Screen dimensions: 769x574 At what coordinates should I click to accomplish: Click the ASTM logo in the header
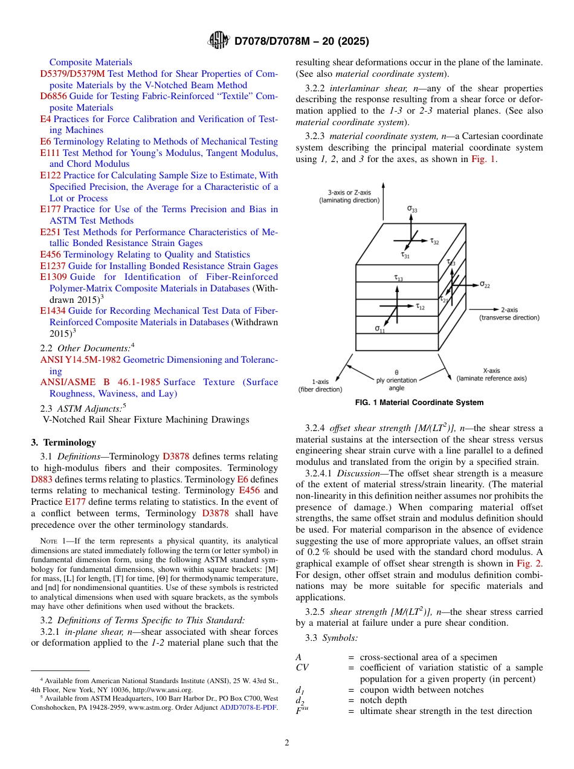(x=218, y=41)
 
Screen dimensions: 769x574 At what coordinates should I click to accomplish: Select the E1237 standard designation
(x=53, y=266)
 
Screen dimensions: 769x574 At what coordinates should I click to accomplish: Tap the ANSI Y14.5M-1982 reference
(x=80, y=360)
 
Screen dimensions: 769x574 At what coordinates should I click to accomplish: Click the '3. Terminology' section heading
(x=63, y=443)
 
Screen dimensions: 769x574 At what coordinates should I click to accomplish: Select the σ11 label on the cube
(x=379, y=329)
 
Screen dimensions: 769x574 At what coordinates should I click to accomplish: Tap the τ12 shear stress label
(x=420, y=307)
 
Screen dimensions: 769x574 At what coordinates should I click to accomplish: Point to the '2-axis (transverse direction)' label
(x=509, y=313)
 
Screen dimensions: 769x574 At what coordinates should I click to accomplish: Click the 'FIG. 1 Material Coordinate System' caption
(x=419, y=403)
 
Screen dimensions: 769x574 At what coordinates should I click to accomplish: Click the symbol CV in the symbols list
(x=302, y=667)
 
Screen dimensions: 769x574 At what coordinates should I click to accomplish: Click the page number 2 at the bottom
(x=287, y=743)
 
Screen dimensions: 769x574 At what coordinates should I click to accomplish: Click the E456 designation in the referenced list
(x=50, y=255)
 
